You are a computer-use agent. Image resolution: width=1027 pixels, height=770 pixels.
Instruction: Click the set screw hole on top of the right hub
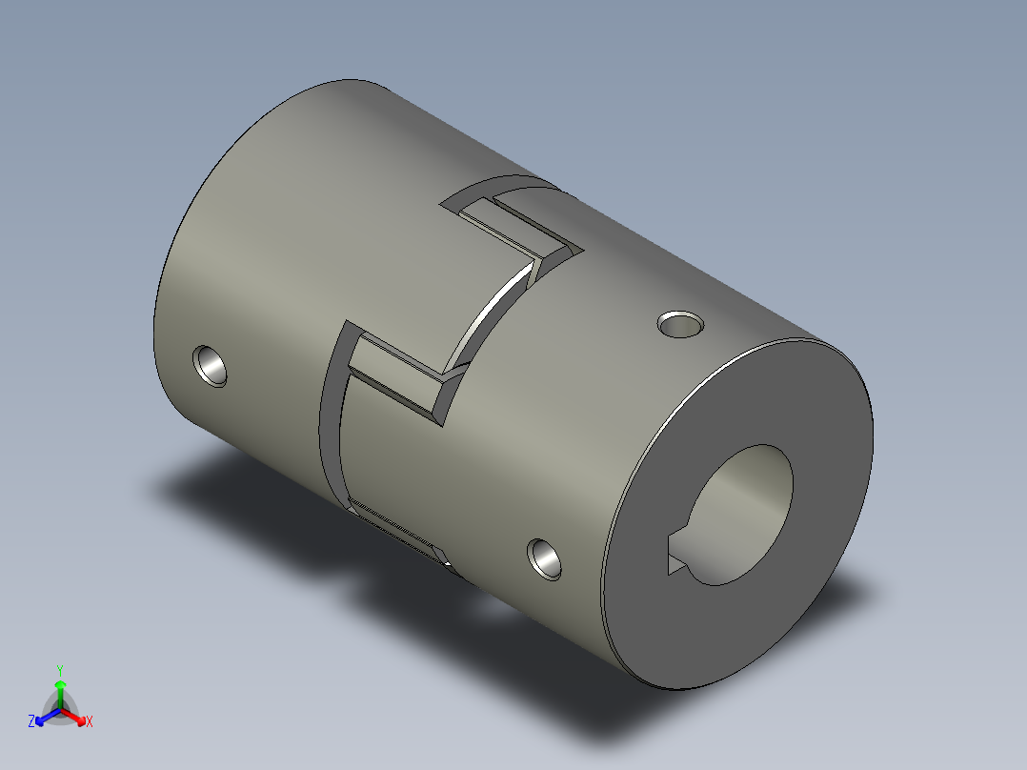[x=681, y=325]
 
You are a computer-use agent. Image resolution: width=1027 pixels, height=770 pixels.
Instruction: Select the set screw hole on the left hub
[x=211, y=365]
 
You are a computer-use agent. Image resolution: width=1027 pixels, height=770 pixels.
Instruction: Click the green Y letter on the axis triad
[x=59, y=669]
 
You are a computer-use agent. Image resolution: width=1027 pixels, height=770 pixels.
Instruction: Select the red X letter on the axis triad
[x=90, y=722]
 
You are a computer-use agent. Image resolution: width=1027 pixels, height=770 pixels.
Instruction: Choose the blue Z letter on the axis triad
[x=31, y=722]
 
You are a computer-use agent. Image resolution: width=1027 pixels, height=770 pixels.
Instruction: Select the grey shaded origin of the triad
[x=60, y=711]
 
